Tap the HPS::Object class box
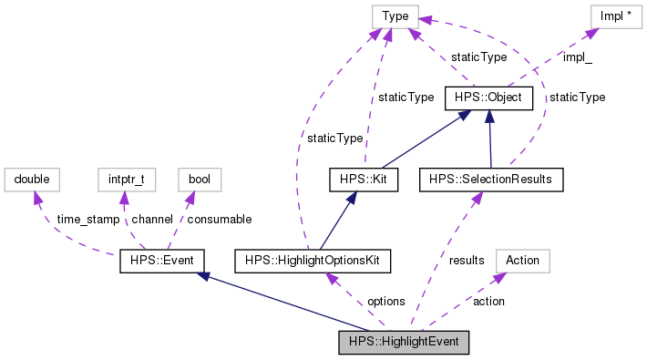(x=488, y=97)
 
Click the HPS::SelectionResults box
(x=491, y=180)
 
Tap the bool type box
(x=199, y=180)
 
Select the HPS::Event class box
(x=161, y=262)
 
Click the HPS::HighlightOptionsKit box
(x=313, y=262)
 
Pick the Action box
(x=522, y=261)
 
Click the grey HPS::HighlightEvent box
(x=403, y=343)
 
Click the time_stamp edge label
(x=87, y=220)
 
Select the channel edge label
(x=152, y=220)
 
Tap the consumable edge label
(x=220, y=220)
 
